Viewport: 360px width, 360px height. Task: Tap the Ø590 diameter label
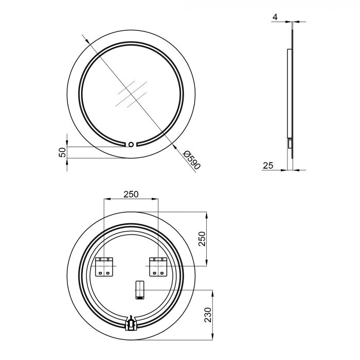(191, 160)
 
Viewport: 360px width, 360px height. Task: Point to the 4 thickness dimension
(275, 17)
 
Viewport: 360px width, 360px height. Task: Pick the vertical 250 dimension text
(202, 239)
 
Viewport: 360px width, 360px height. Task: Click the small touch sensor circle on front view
(131, 145)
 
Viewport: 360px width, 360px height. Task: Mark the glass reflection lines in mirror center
(130, 94)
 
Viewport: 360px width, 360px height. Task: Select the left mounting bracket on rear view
(105, 266)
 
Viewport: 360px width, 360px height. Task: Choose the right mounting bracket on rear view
(157, 266)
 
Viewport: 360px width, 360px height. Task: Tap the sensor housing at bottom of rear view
(131, 323)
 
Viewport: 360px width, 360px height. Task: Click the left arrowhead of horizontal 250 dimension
(106, 200)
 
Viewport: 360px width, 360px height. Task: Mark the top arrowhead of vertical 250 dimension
(206, 213)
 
